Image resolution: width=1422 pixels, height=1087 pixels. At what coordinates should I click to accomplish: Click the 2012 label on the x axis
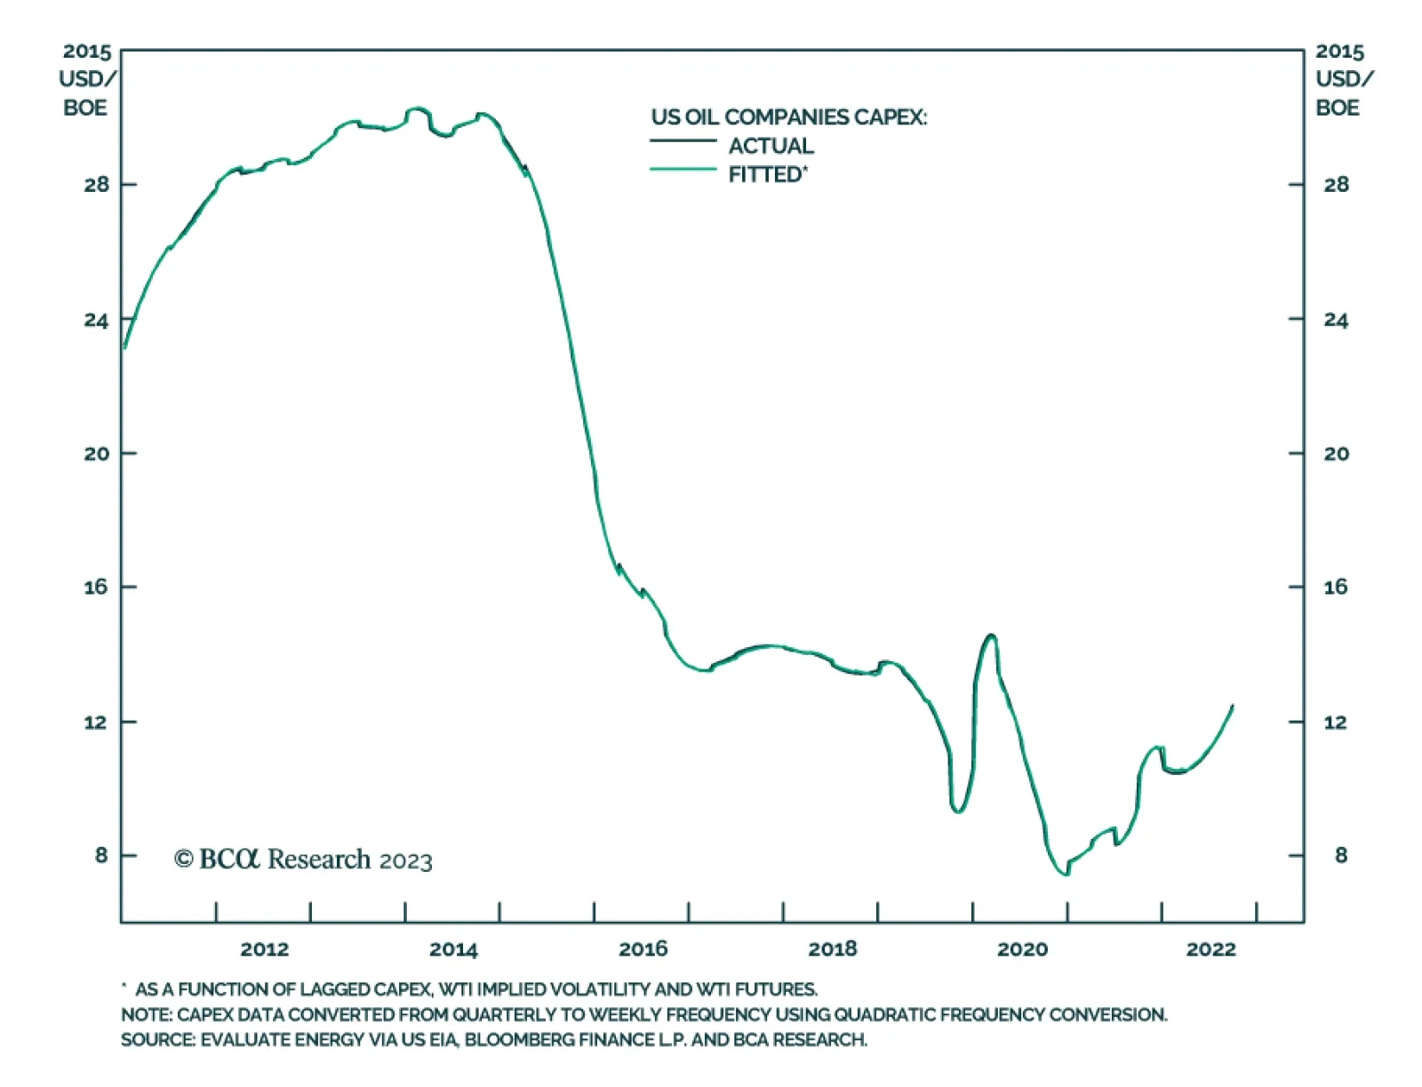(264, 949)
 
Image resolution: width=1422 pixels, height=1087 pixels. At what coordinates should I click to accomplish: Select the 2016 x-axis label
(643, 949)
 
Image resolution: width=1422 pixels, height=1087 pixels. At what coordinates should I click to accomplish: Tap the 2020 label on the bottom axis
(1022, 949)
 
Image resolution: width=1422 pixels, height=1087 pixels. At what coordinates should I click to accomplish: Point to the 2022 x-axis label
(1210, 949)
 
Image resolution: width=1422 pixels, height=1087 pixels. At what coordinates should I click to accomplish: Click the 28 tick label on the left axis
(97, 185)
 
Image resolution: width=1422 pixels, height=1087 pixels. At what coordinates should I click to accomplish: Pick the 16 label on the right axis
(1335, 587)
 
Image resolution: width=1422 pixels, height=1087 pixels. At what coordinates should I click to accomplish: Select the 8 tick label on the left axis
(101, 855)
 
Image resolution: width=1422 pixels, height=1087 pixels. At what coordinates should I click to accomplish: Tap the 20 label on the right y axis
(1336, 453)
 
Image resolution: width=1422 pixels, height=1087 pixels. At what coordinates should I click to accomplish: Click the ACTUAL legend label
(771, 146)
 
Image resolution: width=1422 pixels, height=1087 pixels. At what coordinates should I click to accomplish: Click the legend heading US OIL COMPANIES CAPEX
(788, 117)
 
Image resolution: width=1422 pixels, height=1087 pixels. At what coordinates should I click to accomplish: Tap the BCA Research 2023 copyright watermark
(303, 859)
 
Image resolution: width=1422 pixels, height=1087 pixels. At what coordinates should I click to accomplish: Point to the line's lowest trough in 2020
(1066, 875)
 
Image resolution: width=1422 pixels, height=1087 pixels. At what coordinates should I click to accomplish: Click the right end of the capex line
(1233, 706)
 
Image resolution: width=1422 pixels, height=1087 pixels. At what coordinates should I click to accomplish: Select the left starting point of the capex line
(124, 348)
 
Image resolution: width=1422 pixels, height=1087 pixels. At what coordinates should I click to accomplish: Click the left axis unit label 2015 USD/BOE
(86, 80)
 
